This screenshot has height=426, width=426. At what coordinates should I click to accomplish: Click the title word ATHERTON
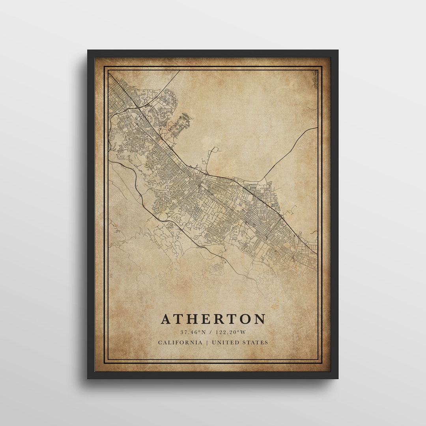tap(213, 319)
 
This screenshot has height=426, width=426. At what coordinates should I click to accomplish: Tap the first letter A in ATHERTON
tap(166, 319)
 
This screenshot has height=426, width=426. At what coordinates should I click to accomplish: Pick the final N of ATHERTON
tap(260, 319)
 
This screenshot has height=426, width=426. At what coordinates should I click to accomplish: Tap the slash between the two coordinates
tap(211, 332)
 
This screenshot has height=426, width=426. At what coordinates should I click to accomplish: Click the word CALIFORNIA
tap(180, 342)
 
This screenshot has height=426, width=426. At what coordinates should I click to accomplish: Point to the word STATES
tap(256, 342)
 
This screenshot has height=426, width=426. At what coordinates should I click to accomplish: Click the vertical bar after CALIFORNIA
tap(207, 342)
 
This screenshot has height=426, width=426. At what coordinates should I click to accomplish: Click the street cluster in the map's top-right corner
tap(314, 79)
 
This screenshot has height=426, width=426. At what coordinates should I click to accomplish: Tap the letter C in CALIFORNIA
tap(160, 342)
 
